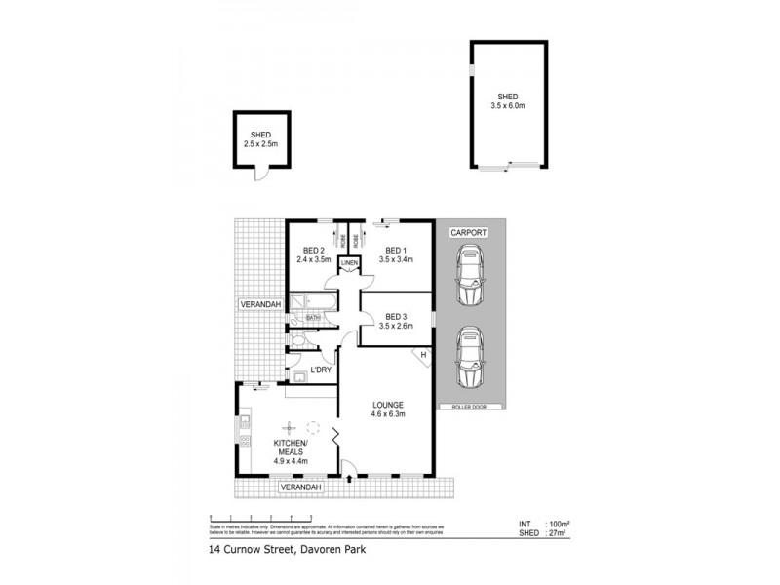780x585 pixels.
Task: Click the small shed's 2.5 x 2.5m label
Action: [260, 144]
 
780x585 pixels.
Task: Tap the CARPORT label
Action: [469, 233]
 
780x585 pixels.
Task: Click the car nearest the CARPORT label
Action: [470, 275]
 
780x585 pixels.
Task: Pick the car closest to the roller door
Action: [470, 358]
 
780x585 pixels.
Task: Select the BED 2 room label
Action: [314, 254]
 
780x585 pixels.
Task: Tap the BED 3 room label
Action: [396, 322]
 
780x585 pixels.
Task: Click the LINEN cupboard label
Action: [350, 263]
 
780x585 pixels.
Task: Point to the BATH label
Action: [313, 317]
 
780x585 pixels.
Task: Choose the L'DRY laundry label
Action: [321, 370]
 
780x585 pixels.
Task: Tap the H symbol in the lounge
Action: [423, 355]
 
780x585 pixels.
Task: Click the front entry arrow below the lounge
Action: [350, 479]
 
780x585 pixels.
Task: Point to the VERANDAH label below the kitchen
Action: [300, 487]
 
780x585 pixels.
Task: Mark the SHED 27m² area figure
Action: [551, 534]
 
